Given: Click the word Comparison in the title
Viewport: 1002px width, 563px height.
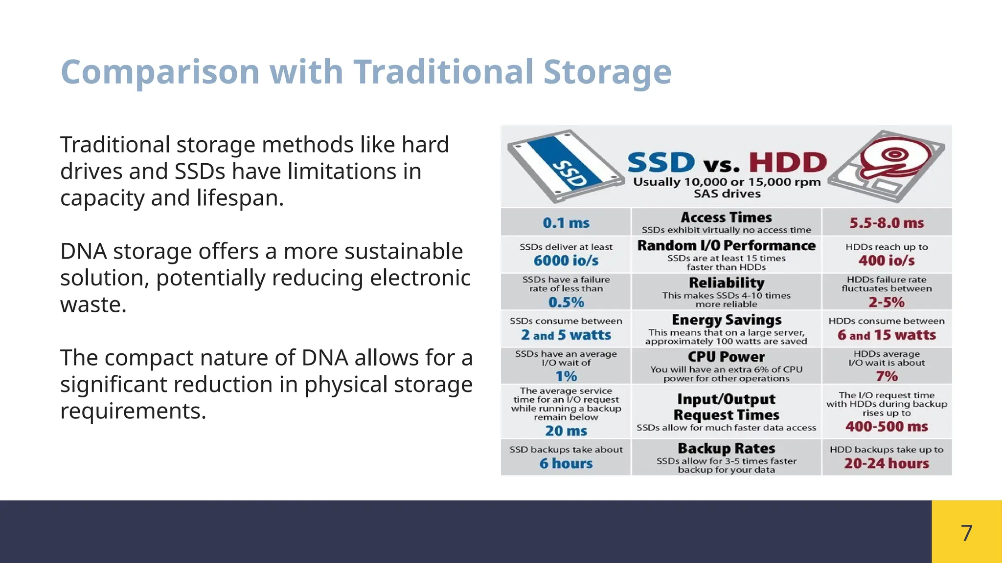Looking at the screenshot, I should tap(159, 72).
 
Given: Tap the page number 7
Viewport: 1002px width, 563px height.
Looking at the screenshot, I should tap(966, 533).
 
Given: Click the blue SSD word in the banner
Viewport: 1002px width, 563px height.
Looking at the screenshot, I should tap(660, 162).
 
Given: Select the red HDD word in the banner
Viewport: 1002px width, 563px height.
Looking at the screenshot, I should tap(787, 162).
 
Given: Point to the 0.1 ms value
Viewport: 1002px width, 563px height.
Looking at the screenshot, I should tap(566, 223).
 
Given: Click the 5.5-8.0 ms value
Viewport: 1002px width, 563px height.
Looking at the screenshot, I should tap(886, 223).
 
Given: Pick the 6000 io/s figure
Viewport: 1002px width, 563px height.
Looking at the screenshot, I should tap(566, 260).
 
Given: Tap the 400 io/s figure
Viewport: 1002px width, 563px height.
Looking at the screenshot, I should tap(886, 260).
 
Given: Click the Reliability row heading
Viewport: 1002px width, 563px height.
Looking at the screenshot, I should tap(726, 282).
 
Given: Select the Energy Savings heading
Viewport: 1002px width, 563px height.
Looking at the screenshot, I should tap(726, 320).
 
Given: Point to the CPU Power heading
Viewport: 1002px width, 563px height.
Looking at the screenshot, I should tap(726, 357).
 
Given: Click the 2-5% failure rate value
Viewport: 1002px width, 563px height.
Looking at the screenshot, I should tap(886, 302).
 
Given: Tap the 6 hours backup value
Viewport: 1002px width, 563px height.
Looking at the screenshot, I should tap(566, 463).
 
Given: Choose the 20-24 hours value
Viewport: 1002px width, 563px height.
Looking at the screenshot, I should tap(886, 463).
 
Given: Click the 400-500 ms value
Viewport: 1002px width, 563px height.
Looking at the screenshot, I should tap(886, 426).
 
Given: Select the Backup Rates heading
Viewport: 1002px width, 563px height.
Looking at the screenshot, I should tap(726, 448).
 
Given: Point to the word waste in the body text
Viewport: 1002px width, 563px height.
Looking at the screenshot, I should tap(93, 304).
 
